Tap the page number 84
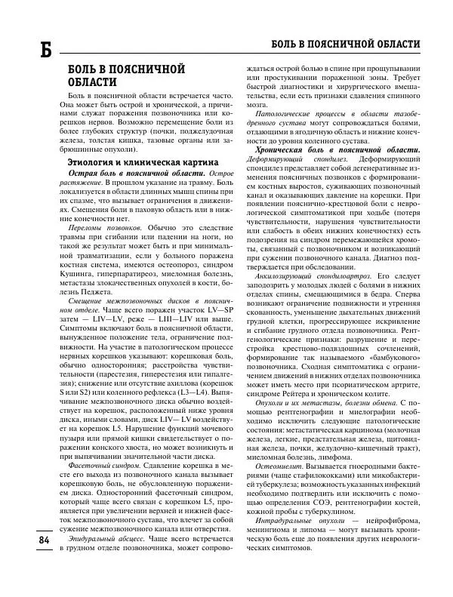[x=23, y=540]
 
